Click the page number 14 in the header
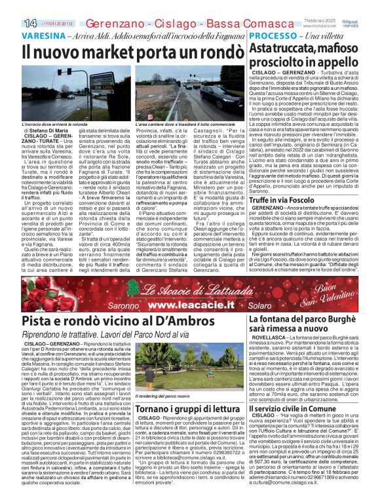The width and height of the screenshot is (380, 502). tap(11, 23)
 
